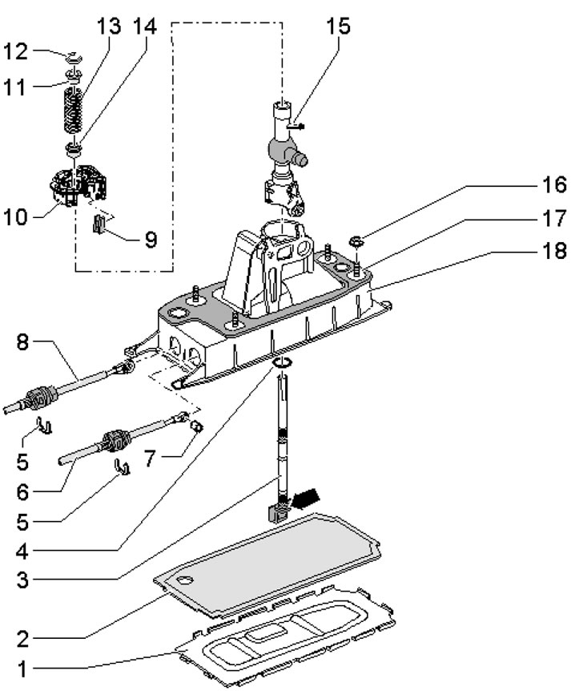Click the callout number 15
pos(338,26)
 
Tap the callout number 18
pos(554,251)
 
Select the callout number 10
pos(15,217)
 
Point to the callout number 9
pos(151,240)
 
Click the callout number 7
pos(151,459)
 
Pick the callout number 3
pos(22,580)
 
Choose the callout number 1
pos(22,669)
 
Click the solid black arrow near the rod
pos(306,499)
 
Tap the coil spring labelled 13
pos(74,110)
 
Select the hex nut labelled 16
pos(356,241)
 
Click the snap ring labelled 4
pos(282,362)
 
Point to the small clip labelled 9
pos(99,224)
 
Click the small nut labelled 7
pos(197,426)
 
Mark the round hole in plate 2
pos(186,580)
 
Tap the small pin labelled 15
pos(295,127)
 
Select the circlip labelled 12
pos(74,57)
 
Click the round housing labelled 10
pos(78,184)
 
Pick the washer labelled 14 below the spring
pos(73,148)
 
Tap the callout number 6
pos(22,492)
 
